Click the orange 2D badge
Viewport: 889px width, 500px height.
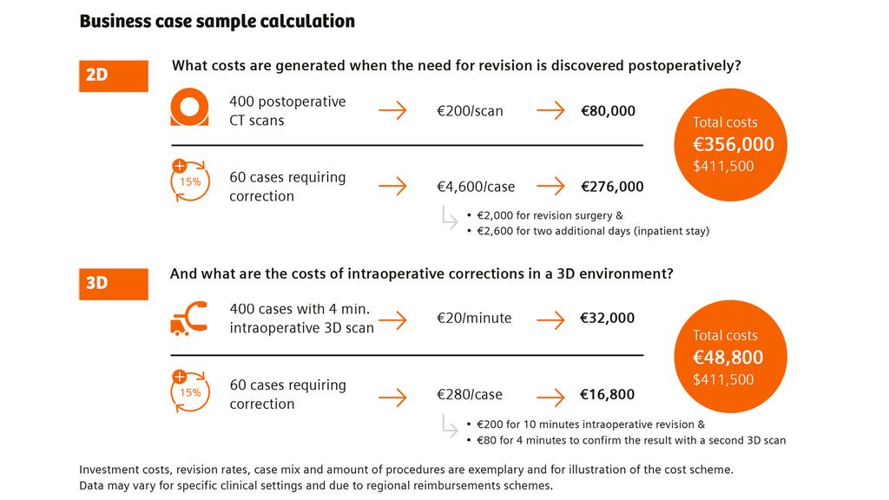click(113, 76)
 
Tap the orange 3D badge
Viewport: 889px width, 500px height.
click(113, 284)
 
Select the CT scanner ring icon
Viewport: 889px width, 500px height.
click(189, 110)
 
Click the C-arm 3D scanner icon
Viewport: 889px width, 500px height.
click(189, 318)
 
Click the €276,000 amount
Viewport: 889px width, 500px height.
click(612, 187)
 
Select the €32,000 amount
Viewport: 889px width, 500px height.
click(608, 319)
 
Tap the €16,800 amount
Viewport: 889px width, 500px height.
click(608, 395)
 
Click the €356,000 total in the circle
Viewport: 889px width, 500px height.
click(734, 144)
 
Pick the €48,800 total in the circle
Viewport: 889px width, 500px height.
click(728, 357)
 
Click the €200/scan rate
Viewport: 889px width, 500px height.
click(470, 111)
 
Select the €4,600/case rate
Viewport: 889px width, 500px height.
click(476, 187)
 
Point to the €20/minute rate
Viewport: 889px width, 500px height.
click(474, 319)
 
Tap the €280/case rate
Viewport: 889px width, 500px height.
click(470, 395)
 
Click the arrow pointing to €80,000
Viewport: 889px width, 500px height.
click(550, 111)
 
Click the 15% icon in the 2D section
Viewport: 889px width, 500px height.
click(189, 181)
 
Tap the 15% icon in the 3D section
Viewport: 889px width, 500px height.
click(189, 391)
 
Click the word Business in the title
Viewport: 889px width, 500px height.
click(115, 21)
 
